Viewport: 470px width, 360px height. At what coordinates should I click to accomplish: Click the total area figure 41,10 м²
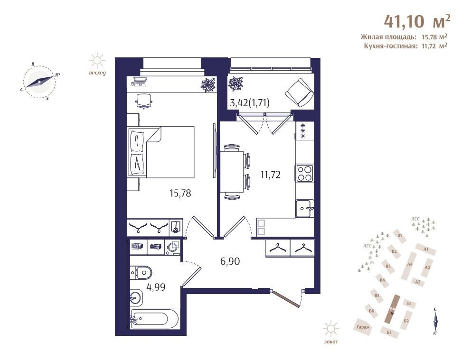pos(417,21)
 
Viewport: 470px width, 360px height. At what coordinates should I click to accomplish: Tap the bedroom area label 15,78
pos(180,194)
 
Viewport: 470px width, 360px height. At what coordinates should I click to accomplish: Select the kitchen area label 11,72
pos(271,175)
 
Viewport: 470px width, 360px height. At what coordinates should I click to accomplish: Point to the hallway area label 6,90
pos(230,261)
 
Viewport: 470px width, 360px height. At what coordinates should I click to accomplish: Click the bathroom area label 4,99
pos(156,287)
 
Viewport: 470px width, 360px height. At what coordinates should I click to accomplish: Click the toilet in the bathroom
pos(141,273)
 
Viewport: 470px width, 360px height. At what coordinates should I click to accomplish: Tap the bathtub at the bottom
pos(154,319)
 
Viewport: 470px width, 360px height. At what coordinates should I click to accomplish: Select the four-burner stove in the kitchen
pos(305,174)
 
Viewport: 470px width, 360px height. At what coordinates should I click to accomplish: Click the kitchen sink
pos(305,208)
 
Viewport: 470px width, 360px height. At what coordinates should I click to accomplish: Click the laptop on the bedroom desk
pos(140,82)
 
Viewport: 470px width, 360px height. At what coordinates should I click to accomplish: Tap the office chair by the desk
pos(144,101)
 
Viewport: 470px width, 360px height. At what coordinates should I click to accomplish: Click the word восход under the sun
pos(97,73)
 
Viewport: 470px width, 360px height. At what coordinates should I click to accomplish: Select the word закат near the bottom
pos(331,342)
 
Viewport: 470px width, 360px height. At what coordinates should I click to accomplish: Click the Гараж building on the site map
pos(363,327)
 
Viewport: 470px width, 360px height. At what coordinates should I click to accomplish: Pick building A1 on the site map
pos(426,249)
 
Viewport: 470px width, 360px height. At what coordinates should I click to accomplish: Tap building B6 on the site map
pos(372,311)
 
